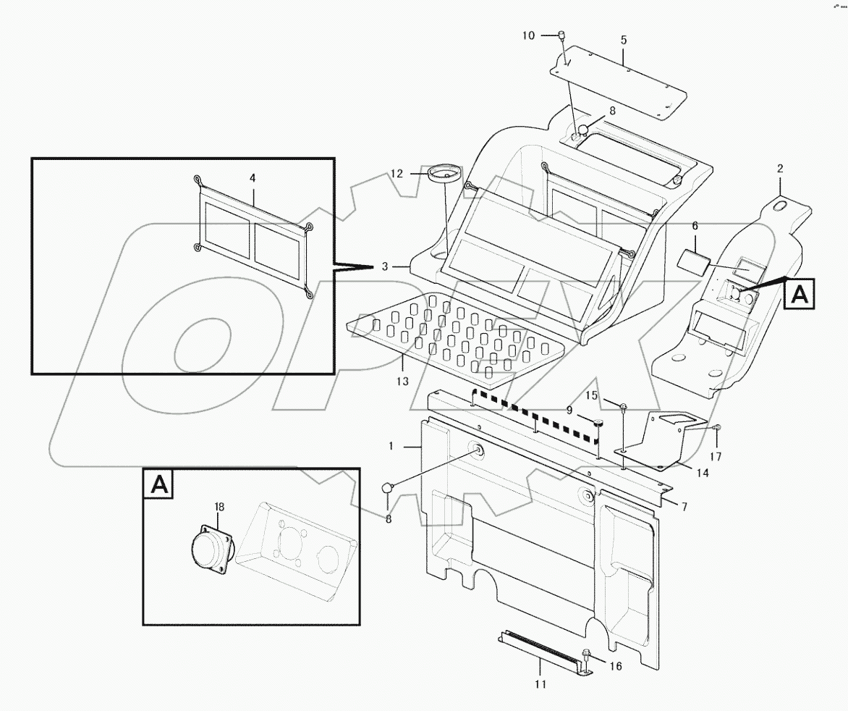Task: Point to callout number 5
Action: pos(623,40)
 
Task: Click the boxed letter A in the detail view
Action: pos(160,484)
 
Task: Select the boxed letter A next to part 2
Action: pos(798,294)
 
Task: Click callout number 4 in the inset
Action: pos(253,177)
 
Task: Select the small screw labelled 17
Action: pos(716,429)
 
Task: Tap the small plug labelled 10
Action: pos(561,35)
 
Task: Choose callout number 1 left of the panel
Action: pos(391,447)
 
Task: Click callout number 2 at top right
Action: pos(780,169)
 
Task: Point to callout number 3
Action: pos(386,266)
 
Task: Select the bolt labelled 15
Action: pos(623,407)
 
